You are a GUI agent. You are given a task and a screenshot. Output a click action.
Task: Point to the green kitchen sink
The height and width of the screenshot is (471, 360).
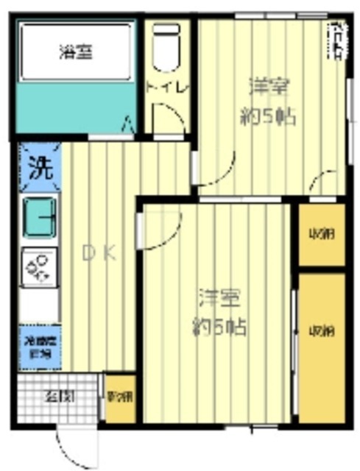point(40,218)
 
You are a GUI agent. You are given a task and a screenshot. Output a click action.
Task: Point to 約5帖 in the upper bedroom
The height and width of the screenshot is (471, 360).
point(268,116)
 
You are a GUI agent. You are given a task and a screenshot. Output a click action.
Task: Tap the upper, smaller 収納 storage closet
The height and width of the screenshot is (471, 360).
point(321,235)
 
